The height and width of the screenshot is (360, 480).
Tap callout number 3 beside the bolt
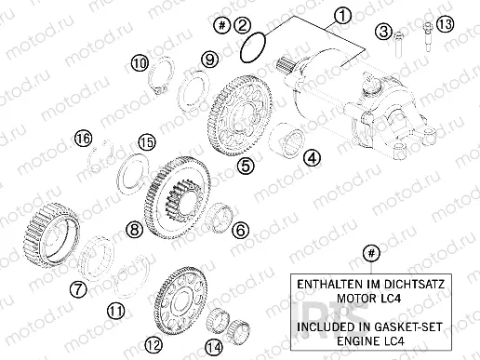point(382,33)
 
